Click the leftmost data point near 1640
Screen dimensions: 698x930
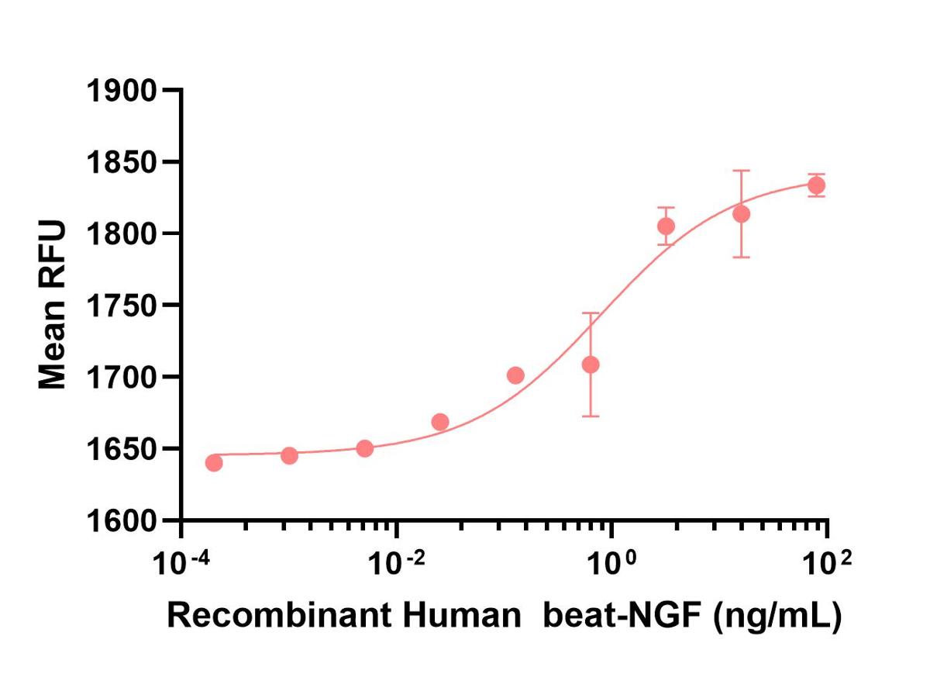click(x=214, y=463)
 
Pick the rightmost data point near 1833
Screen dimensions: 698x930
click(x=816, y=185)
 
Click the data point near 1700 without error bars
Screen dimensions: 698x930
click(x=515, y=375)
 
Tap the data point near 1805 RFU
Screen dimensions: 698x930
click(x=666, y=226)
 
